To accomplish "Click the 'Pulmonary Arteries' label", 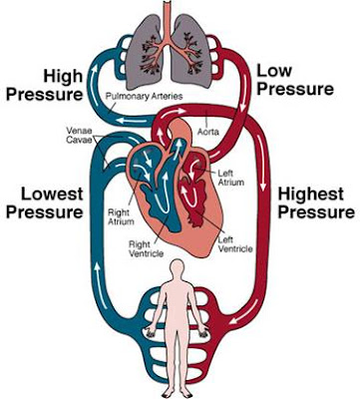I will [x=147, y=98].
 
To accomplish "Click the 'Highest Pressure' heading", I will [x=314, y=201].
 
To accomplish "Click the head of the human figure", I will [x=180, y=270].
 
